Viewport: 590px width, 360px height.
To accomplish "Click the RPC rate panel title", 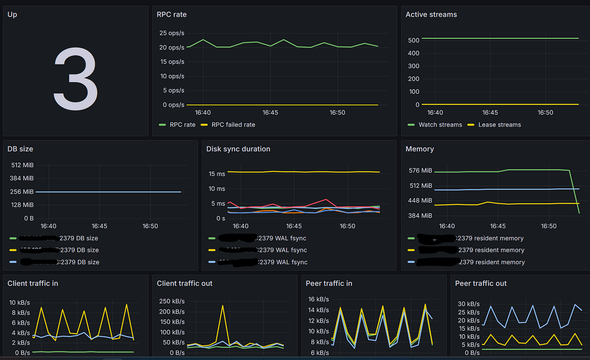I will tap(171, 14).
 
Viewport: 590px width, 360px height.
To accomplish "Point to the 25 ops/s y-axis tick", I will tap(172, 33).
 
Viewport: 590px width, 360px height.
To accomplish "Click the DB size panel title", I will tap(20, 149).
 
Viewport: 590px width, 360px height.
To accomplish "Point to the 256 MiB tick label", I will tap(22, 192).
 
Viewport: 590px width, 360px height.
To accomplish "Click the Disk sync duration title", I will tap(238, 149).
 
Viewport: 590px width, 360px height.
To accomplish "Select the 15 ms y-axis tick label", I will tap(217, 174).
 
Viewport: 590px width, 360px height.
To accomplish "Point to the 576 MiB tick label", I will tap(420, 171).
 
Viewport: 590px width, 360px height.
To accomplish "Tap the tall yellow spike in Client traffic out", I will tap(222, 306).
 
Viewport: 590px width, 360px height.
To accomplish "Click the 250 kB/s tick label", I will tap(171, 301).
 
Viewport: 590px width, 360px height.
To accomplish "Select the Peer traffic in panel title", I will tap(328, 283).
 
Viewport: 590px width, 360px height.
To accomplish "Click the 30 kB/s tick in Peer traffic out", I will tap(469, 304).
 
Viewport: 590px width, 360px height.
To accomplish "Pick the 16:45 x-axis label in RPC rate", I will tap(270, 112).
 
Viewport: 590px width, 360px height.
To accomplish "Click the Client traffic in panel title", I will tap(33, 283).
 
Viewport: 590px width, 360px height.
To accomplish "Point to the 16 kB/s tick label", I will tap(318, 299).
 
